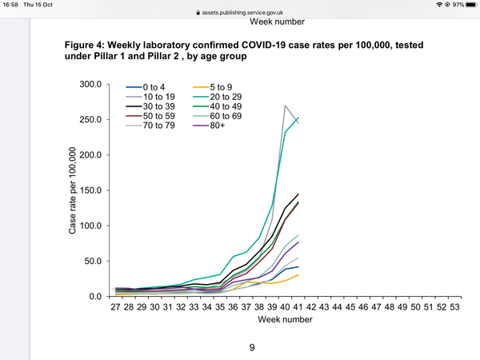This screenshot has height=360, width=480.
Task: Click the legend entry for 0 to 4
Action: pyautogui.click(x=146, y=87)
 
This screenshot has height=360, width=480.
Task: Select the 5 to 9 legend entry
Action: pyautogui.click(x=213, y=87)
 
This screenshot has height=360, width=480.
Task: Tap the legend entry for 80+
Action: pyautogui.click(x=209, y=126)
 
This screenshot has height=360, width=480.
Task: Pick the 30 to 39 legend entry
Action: pyautogui.click(x=150, y=106)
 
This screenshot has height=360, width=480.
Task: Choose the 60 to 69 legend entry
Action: pyautogui.click(x=218, y=116)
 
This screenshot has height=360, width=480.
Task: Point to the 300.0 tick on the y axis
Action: pyautogui.click(x=90, y=84)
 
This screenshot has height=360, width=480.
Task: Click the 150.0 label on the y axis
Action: pyautogui.click(x=90, y=190)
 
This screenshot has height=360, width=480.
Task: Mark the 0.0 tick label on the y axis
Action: pyautogui.click(x=95, y=296)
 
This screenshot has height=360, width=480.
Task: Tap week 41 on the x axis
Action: pyautogui.click(x=298, y=307)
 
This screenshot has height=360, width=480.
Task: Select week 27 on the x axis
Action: pyautogui.click(x=115, y=307)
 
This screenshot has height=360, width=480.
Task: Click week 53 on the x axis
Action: pyautogui.click(x=454, y=307)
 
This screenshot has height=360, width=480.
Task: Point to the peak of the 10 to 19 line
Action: pyautogui.click(x=285, y=106)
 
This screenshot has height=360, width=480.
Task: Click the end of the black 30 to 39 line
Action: pyautogui.click(x=298, y=194)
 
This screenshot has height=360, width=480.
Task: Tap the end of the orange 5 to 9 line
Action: pyautogui.click(x=298, y=275)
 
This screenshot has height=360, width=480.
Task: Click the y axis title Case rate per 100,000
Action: pyautogui.click(x=72, y=190)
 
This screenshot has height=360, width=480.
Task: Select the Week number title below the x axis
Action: pyautogui.click(x=285, y=319)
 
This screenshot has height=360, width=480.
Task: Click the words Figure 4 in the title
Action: pyautogui.click(x=85, y=46)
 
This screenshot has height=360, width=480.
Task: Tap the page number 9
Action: pyautogui.click(x=252, y=348)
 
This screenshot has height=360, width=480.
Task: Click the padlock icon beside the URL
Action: pyautogui.click(x=198, y=13)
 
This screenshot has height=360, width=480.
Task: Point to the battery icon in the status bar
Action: pyautogui.click(x=471, y=5)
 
